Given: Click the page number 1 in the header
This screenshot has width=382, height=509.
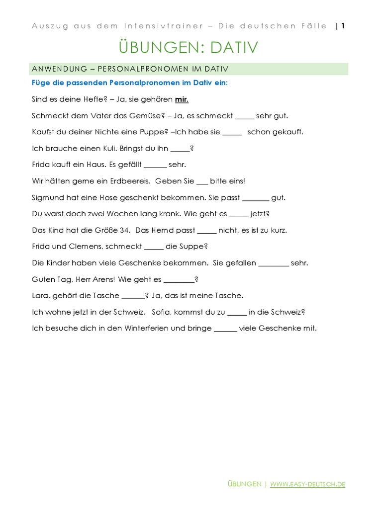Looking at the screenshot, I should (x=343, y=26).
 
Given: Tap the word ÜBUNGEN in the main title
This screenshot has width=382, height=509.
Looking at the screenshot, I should (x=154, y=48).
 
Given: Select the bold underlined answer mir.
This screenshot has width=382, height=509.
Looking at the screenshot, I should (x=182, y=99).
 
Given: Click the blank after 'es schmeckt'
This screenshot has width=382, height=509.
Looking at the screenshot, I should (x=244, y=116).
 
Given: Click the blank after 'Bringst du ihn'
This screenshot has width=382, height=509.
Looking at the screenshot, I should (x=180, y=149).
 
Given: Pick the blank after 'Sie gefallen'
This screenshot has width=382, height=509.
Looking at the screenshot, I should (x=274, y=263).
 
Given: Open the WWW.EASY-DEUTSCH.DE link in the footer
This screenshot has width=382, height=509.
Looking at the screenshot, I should (x=308, y=484).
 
